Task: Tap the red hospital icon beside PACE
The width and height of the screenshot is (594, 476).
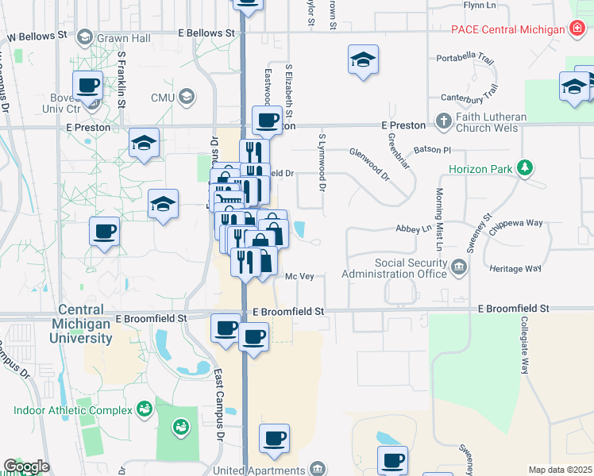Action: (x=579, y=29)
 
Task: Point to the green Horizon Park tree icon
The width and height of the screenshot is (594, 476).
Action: (x=523, y=168)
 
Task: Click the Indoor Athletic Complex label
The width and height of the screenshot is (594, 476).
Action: (x=72, y=410)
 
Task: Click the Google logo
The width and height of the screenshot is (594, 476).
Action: (x=26, y=466)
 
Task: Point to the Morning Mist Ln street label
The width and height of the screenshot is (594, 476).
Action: (x=438, y=216)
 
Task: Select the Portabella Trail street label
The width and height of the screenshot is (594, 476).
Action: (x=465, y=59)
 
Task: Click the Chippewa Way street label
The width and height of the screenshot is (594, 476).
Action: (x=516, y=224)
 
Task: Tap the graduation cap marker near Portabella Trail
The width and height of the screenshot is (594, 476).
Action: (x=363, y=59)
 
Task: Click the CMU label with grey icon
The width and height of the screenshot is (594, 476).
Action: (x=162, y=97)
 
